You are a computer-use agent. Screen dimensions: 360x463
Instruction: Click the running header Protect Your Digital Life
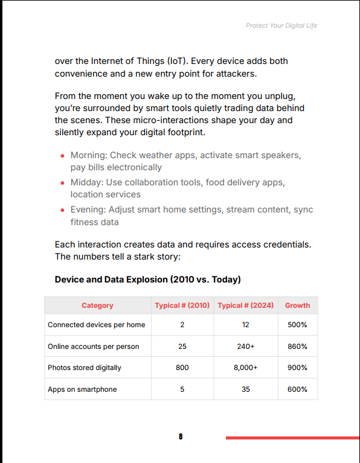(281, 26)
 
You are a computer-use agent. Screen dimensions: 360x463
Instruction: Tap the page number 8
(181, 436)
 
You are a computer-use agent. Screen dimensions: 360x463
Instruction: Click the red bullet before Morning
(62, 156)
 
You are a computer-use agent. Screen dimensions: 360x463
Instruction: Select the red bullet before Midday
(62, 183)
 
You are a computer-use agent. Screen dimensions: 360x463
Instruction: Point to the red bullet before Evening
(62, 210)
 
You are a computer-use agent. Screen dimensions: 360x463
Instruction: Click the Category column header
(97, 305)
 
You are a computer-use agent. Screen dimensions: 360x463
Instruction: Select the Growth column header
(297, 305)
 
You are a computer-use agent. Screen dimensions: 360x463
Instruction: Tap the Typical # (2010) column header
(182, 305)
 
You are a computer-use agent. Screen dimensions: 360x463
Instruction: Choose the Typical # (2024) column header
(246, 305)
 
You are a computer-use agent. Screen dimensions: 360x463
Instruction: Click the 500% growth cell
(297, 325)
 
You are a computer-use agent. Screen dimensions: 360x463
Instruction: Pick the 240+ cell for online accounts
(246, 346)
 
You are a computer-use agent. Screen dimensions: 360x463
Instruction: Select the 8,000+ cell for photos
(246, 368)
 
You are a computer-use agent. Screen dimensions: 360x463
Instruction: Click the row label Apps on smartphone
(82, 389)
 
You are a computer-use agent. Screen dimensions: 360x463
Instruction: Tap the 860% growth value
(297, 346)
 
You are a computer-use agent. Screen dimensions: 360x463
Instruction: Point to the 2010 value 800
(182, 368)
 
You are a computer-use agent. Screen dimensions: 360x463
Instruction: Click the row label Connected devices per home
(97, 325)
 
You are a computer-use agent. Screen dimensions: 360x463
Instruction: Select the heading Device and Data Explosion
(148, 279)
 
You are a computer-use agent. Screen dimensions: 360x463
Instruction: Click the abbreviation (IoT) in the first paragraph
(178, 61)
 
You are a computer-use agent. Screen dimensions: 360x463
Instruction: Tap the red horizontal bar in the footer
(293, 438)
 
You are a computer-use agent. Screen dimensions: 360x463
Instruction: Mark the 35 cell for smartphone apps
(246, 389)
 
